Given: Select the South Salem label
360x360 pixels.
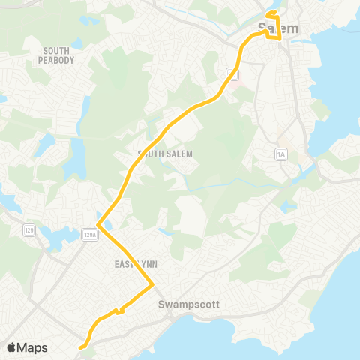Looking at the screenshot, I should tap(166, 154).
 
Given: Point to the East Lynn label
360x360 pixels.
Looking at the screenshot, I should tap(135, 264).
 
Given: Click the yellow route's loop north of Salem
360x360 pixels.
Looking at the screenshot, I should tap(272, 15).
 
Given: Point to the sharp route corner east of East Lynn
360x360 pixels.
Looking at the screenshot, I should tap(153, 283).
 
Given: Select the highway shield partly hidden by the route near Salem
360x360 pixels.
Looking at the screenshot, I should tap(233, 73).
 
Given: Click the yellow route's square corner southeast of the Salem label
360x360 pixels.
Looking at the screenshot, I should tap(280, 36).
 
